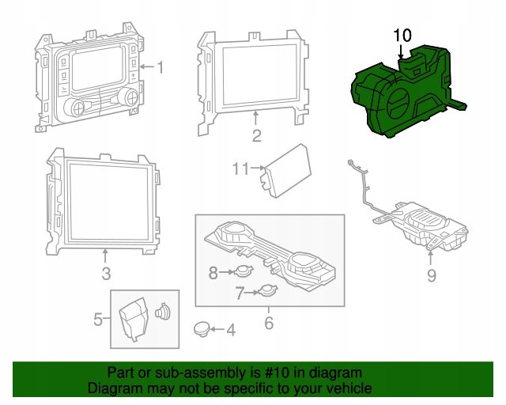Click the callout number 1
pyautogui.click(x=160, y=67)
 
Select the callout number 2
pyautogui.click(x=256, y=135)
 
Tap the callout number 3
pyautogui.click(x=106, y=274)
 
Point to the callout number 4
pyautogui.click(x=231, y=330)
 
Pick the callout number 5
pyautogui.click(x=98, y=320)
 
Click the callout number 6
pyautogui.click(x=269, y=323)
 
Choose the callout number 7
pyautogui.click(x=239, y=293)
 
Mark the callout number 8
pyautogui.click(x=213, y=273)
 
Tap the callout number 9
pyautogui.click(x=432, y=275)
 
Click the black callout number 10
pyautogui.click(x=402, y=36)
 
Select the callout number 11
pyautogui.click(x=241, y=168)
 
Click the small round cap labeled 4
pyautogui.click(x=202, y=329)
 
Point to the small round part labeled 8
pyautogui.click(x=244, y=271)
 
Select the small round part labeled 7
pyautogui.click(x=267, y=290)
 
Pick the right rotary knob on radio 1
pyautogui.click(x=130, y=97)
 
